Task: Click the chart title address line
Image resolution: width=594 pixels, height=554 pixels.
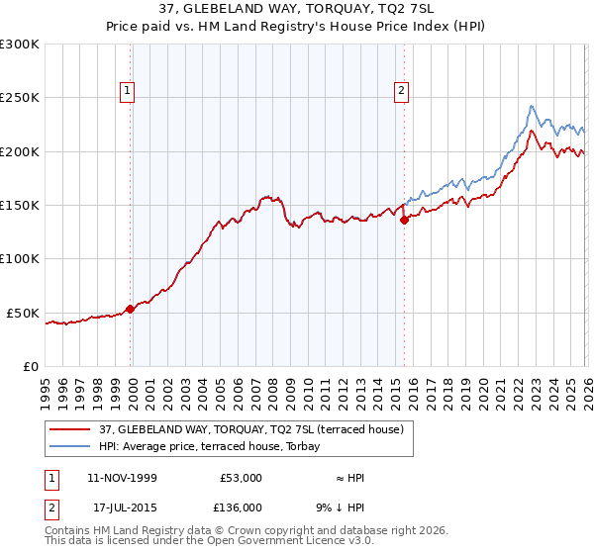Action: click(297, 9)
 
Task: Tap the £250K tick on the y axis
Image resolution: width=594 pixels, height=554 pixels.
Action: click(20, 98)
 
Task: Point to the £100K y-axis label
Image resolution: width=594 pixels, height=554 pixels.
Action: click(20, 258)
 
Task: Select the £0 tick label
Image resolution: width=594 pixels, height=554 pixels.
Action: click(32, 366)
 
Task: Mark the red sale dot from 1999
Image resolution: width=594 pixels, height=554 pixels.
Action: click(130, 309)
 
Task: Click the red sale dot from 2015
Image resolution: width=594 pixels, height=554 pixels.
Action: click(404, 221)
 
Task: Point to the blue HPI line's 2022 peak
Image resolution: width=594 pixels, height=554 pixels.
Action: click(532, 106)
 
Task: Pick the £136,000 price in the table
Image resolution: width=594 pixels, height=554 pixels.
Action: click(241, 507)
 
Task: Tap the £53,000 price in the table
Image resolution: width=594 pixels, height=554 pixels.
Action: click(241, 478)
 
